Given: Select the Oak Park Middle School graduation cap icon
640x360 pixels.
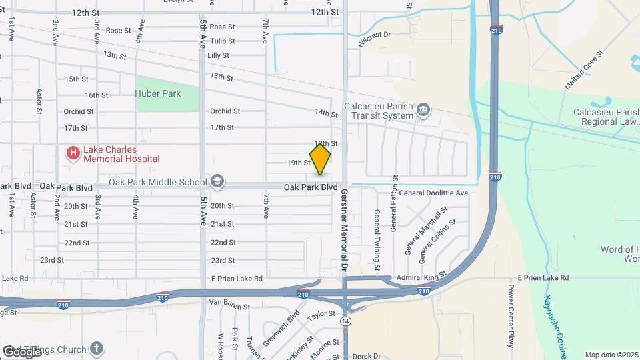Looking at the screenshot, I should pyautogui.click(x=217, y=181).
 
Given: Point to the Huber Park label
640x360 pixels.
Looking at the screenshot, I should pyautogui.click(x=158, y=94).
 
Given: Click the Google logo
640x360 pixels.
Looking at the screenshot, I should pyautogui.click(x=22, y=351).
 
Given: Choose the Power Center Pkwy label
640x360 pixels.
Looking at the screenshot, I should pyautogui.click(x=511, y=316).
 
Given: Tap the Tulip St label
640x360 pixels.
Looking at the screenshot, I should pyautogui.click(x=222, y=41).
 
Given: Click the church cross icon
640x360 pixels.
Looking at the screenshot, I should pyautogui.click(x=97, y=349).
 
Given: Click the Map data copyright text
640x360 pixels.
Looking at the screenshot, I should pyautogui.click(x=612, y=355).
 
